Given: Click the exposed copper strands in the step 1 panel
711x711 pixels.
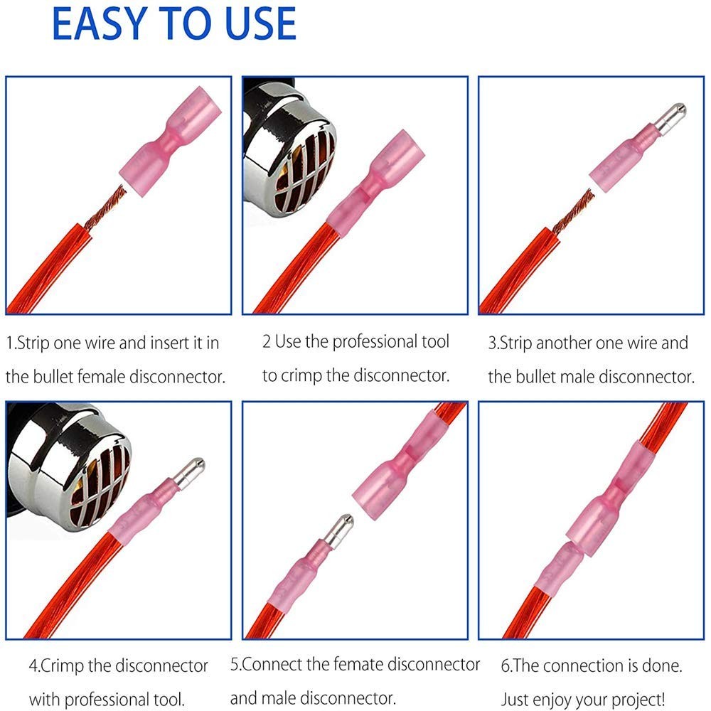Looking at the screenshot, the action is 107,208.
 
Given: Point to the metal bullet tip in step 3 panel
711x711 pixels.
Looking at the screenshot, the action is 670,118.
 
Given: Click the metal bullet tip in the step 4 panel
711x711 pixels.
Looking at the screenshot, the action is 189,473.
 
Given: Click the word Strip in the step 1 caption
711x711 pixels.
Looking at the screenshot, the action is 33,343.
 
